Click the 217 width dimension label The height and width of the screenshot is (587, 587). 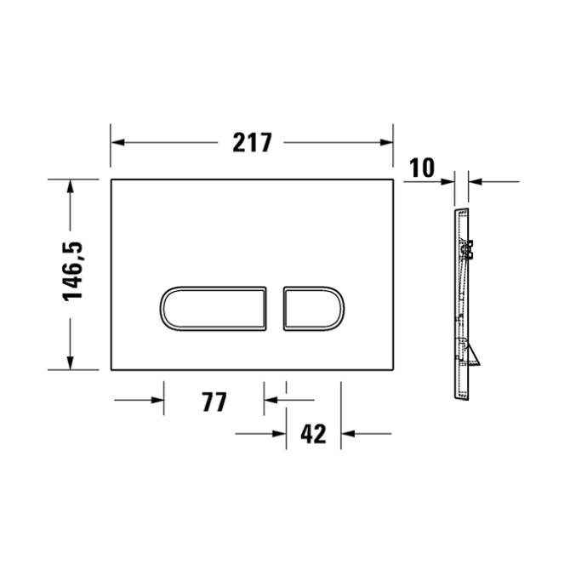point(253,143)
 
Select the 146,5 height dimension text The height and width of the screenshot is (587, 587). point(74,271)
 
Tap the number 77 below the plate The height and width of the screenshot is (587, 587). point(214,401)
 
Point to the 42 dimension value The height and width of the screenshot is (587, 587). point(313,434)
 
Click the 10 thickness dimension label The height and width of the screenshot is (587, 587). point(422,168)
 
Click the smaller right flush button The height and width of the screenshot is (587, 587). point(312,307)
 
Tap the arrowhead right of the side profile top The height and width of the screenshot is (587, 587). point(476,180)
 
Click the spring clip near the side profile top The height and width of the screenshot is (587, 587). point(468,251)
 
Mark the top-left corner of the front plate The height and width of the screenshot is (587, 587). point(111,180)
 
